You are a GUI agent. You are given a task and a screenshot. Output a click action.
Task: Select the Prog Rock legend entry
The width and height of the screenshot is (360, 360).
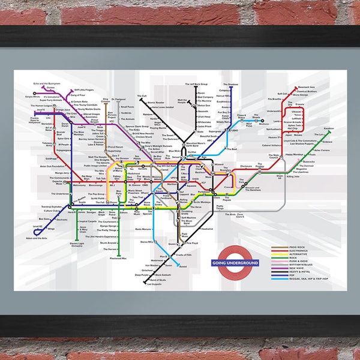point(295,247)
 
